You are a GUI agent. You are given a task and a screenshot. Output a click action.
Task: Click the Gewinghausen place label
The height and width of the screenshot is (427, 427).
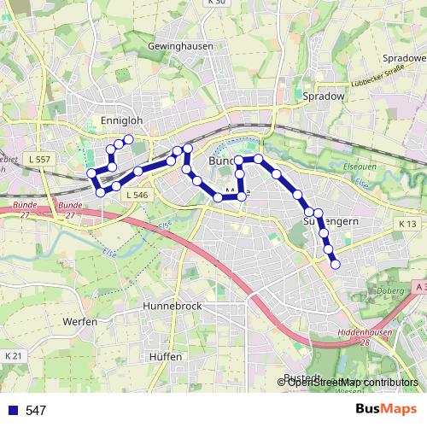pyautogui.click(x=179, y=45)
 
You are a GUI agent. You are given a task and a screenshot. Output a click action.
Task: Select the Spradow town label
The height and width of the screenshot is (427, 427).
pyautogui.click(x=323, y=97)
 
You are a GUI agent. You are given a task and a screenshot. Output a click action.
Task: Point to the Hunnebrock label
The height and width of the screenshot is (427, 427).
pyautogui.click(x=173, y=305)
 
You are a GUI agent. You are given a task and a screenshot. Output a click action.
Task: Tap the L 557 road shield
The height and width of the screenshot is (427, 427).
pyautogui.click(x=38, y=160)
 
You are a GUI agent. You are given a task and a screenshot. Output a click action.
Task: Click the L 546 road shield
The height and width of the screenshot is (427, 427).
pyautogui.click(x=136, y=196)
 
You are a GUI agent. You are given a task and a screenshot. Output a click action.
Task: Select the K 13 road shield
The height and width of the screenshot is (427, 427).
pyautogui.click(x=406, y=224)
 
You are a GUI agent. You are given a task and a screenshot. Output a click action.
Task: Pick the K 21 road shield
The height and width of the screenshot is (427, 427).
pyautogui.click(x=13, y=355)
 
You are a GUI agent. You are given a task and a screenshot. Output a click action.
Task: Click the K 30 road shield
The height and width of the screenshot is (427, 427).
pyautogui.click(x=216, y=3)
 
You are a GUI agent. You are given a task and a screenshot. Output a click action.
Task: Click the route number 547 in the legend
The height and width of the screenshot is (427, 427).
pyautogui.click(x=36, y=411)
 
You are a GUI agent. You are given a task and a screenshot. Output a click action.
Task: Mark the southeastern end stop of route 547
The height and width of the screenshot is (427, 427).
pyautogui.click(x=335, y=264)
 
